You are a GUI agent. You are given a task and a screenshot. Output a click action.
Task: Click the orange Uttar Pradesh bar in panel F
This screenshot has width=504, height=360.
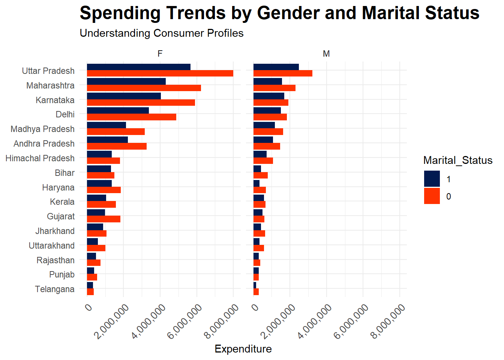point(160,73)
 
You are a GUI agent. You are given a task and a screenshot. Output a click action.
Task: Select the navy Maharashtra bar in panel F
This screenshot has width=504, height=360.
point(126,81)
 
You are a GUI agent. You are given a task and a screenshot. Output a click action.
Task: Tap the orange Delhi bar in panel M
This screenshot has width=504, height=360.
point(270,117)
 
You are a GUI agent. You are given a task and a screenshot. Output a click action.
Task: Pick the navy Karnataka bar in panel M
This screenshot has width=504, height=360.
point(269,96)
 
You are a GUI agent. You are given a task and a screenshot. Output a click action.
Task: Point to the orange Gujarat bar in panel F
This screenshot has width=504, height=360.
point(103,219)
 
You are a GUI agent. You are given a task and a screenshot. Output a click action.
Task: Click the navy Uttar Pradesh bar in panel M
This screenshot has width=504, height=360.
point(276,67)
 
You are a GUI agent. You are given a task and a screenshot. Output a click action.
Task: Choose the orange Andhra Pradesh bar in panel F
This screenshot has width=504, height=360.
point(117,146)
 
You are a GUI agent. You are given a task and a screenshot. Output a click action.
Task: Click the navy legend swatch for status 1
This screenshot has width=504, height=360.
point(432,179)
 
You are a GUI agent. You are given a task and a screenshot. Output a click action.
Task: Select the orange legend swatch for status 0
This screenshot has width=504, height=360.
point(432,196)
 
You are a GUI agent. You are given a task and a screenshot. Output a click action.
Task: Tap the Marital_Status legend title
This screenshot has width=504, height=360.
point(457,160)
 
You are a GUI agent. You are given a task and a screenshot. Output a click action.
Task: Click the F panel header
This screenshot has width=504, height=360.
point(160,54)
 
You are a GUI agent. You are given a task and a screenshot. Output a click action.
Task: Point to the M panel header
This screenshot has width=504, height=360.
point(326,54)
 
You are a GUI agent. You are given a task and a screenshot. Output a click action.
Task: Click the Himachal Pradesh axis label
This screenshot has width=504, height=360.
point(40,158)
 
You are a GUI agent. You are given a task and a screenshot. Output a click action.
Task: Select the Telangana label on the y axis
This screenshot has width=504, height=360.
point(55,289)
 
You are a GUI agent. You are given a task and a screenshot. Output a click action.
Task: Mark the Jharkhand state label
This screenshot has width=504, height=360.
point(55,231)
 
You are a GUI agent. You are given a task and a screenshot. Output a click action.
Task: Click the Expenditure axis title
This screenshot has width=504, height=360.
point(243,349)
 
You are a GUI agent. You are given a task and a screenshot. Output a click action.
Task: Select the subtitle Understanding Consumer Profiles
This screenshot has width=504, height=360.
point(162,33)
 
